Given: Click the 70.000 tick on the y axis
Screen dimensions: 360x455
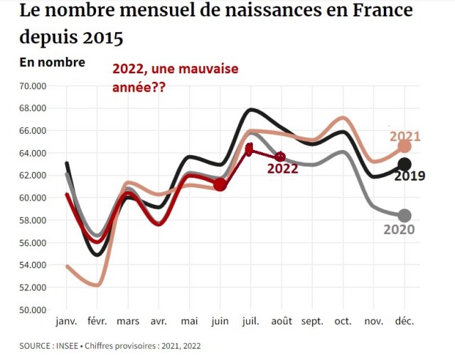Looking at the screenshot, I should [x=33, y=86].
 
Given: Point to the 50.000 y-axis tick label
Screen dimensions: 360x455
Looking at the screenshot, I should [x=33, y=309].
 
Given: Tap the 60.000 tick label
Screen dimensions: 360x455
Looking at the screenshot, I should [x=33, y=198].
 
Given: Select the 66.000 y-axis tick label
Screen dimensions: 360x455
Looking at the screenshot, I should [x=33, y=131].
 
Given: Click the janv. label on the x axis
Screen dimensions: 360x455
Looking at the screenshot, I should [x=66, y=322].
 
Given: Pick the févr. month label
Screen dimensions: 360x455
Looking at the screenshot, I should [x=97, y=322].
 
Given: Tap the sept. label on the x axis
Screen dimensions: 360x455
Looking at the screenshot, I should [x=312, y=322].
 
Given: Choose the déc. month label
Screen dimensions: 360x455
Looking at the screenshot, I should [x=405, y=322].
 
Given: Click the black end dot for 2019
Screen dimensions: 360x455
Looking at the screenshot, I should [x=405, y=165].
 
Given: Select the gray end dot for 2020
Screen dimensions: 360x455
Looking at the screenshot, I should [x=405, y=216].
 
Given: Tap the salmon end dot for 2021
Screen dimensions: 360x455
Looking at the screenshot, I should [x=405, y=146].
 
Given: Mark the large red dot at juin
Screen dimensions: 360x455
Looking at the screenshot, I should [x=220, y=185].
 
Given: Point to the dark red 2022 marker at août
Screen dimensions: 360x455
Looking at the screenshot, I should [x=281, y=157].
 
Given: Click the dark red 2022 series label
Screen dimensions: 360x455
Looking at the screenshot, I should [x=282, y=169].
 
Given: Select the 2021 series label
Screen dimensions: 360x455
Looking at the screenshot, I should [x=405, y=136].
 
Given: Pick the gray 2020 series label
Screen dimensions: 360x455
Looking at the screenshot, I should [x=399, y=230].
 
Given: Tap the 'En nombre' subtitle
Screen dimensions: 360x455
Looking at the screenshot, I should [x=53, y=62].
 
